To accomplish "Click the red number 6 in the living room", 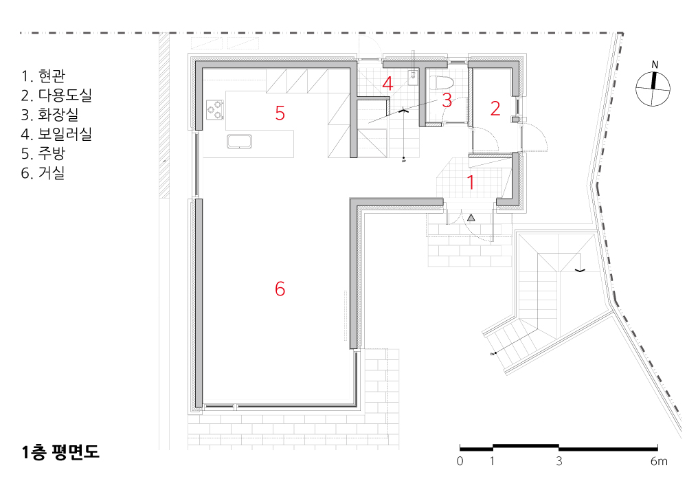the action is tap(280, 289).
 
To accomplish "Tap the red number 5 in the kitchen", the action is tap(280, 113).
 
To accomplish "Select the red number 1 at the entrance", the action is tap(471, 182).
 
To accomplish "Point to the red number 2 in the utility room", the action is tap(495, 109).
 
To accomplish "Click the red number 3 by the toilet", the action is tap(447, 100).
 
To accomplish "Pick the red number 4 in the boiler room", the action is tap(387, 83).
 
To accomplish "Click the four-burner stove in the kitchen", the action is tap(215, 109).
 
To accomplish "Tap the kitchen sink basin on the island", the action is tap(239, 142).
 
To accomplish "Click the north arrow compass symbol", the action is tap(653, 89).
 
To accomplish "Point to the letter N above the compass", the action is tap(655, 65).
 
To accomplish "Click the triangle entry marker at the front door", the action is tap(471, 217).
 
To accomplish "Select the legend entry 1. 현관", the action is tap(43, 76).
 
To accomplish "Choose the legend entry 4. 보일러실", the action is tap(56, 134).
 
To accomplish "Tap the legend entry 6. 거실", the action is tap(43, 172).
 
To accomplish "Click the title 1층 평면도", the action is tap(60, 452).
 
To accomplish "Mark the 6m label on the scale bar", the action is tap(659, 461).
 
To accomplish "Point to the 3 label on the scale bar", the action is tap(559, 461).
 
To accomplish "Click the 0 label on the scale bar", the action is tap(460, 461).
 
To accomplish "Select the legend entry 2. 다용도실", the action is tap(56, 96).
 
